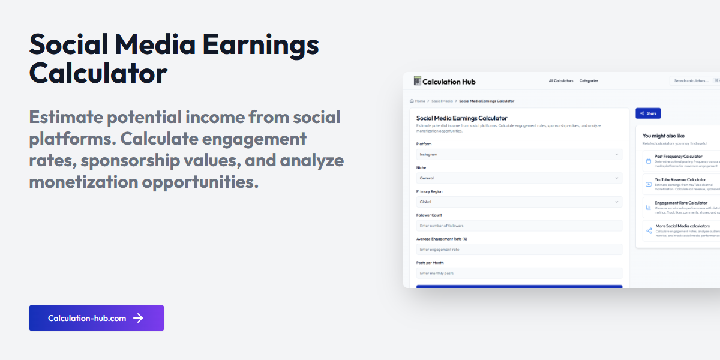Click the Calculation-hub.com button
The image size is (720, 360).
(96, 318)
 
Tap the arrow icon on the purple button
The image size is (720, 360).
(138, 318)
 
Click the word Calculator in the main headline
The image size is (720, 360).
(98, 73)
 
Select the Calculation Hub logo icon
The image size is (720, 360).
(417, 81)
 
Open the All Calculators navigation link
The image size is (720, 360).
(560, 81)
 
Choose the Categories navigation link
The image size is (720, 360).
(589, 81)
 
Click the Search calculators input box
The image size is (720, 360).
(693, 81)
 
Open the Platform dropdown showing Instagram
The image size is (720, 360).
(519, 154)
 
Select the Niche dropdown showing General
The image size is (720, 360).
(519, 178)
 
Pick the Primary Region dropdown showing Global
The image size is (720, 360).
(519, 202)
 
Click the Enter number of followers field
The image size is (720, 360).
(519, 226)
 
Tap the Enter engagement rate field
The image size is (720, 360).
(519, 250)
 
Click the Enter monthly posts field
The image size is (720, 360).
(519, 273)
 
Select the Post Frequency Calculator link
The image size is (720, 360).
(678, 156)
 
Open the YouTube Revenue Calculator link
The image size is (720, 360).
(680, 179)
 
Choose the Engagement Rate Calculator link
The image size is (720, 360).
(680, 203)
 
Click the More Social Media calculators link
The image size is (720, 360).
(682, 226)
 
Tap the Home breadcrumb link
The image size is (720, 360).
(419, 101)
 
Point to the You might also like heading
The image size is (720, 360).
(663, 136)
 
